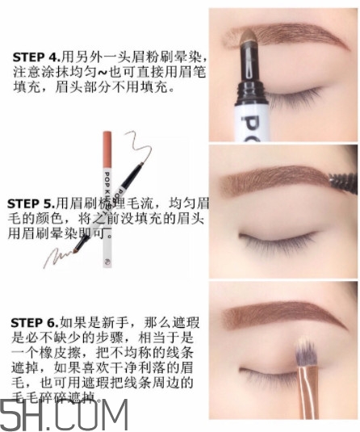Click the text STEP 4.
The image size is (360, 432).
tap(36, 57)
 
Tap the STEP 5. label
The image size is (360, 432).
tap(32, 203)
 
